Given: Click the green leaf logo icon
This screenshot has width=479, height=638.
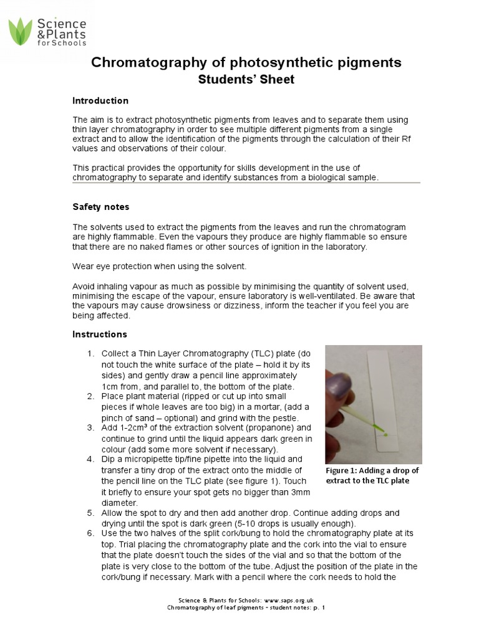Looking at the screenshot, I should point(21,32).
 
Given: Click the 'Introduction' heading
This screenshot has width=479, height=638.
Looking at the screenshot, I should point(100,101).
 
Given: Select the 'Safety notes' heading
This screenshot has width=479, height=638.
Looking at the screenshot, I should point(100,207).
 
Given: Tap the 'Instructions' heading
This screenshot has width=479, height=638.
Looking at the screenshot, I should point(100,335).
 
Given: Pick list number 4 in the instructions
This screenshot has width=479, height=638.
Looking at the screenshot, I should point(90,460).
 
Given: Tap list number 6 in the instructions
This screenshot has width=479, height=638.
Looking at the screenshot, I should point(90,534).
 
